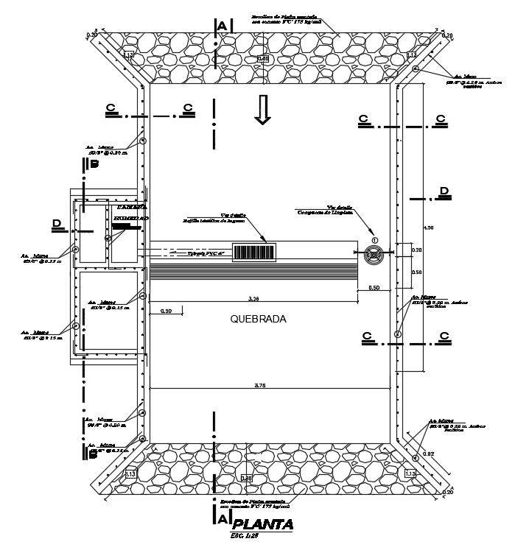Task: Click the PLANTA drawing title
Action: pyautogui.click(x=262, y=524)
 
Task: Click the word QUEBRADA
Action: pyautogui.click(x=257, y=320)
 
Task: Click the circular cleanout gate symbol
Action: pyautogui.click(x=374, y=255)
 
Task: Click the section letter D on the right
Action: pyautogui.click(x=444, y=192)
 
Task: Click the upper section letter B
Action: pyautogui.click(x=94, y=165)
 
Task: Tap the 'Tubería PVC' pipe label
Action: pyautogui.click(x=206, y=253)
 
